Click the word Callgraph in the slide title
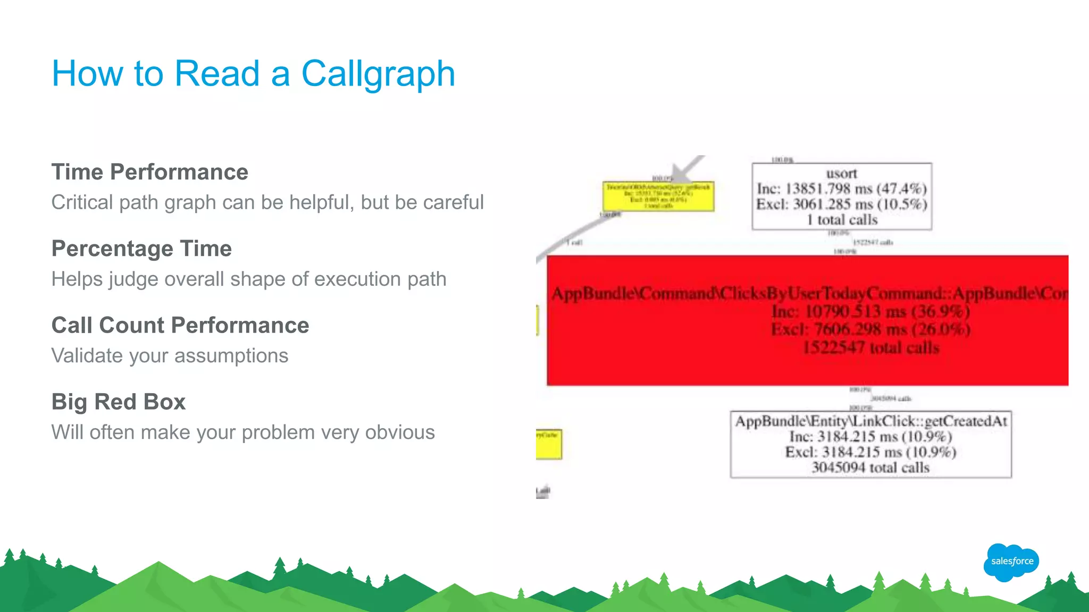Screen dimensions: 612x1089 click(x=378, y=74)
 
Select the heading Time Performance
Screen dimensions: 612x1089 click(x=149, y=172)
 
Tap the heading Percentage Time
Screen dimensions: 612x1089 click(x=141, y=249)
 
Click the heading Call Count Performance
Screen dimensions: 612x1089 click(x=180, y=325)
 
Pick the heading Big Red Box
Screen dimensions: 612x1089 click(x=118, y=402)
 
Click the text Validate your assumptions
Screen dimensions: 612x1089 click(x=170, y=355)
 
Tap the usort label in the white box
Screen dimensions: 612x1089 click(x=841, y=174)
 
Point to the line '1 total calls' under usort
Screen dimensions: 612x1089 click(x=842, y=220)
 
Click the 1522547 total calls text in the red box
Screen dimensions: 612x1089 click(x=870, y=348)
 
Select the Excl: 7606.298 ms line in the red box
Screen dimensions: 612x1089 click(x=870, y=329)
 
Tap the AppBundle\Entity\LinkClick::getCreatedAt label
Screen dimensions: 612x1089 click(x=870, y=421)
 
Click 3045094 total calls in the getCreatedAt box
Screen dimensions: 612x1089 click(x=870, y=467)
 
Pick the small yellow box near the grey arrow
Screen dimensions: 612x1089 click(x=658, y=197)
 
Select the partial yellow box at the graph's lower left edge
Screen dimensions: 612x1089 click(x=549, y=444)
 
